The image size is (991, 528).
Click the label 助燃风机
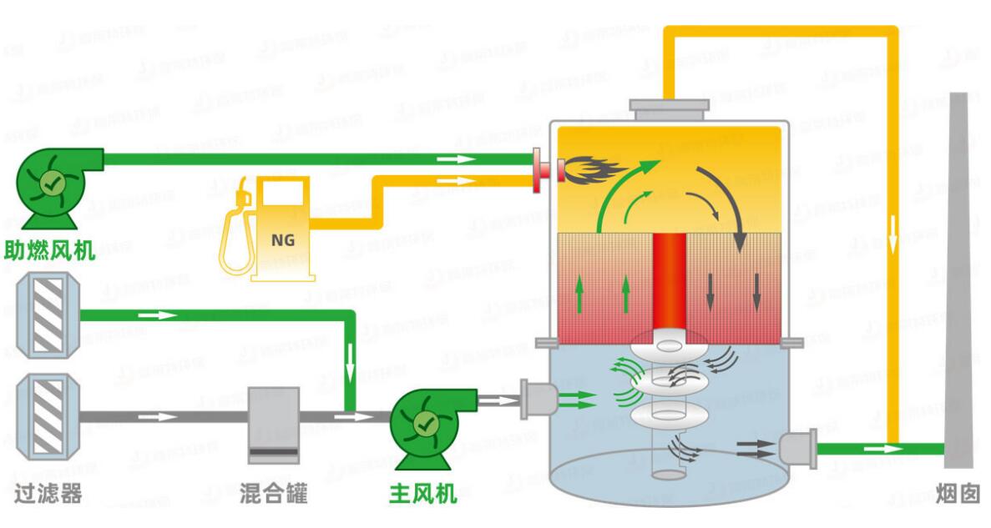click(50, 249)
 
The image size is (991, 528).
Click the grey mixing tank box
click(273, 424)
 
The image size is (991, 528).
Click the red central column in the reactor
click(669, 284)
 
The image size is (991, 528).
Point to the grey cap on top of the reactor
click(669, 108)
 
